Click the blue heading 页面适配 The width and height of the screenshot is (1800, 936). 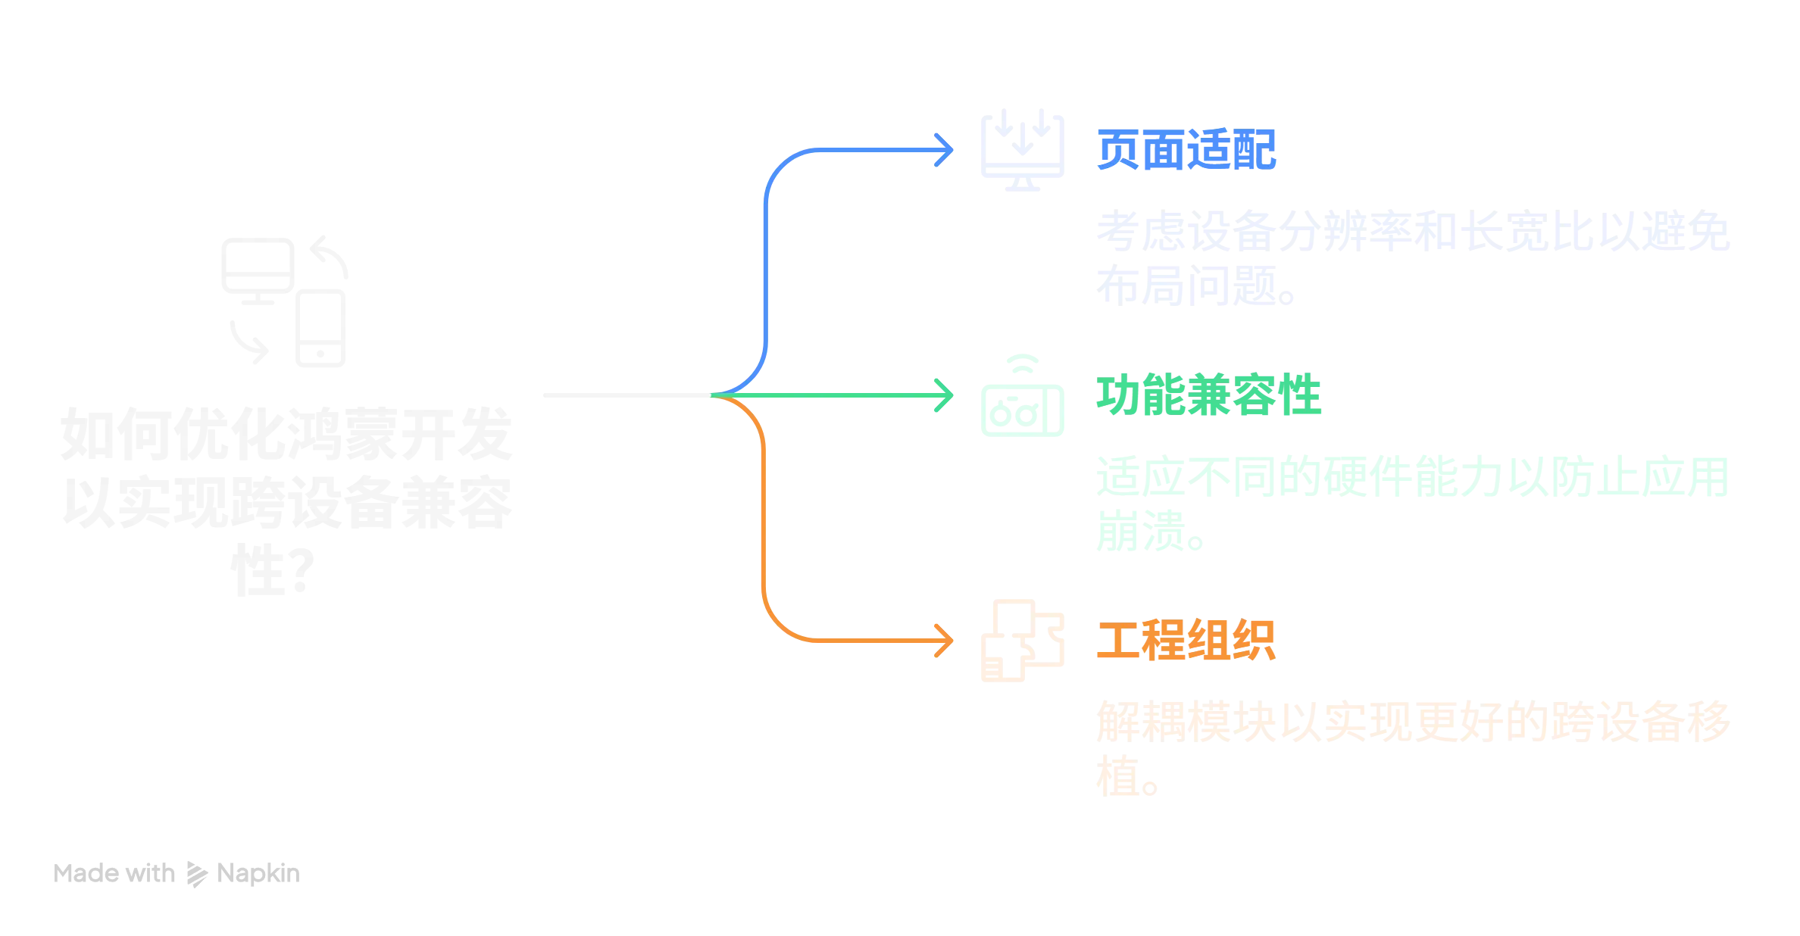1187,150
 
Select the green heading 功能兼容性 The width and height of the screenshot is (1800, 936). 1210,395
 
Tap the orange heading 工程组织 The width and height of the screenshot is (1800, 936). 1187,641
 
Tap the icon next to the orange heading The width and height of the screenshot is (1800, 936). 1020,641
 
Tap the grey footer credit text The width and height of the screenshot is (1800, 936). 179,874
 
